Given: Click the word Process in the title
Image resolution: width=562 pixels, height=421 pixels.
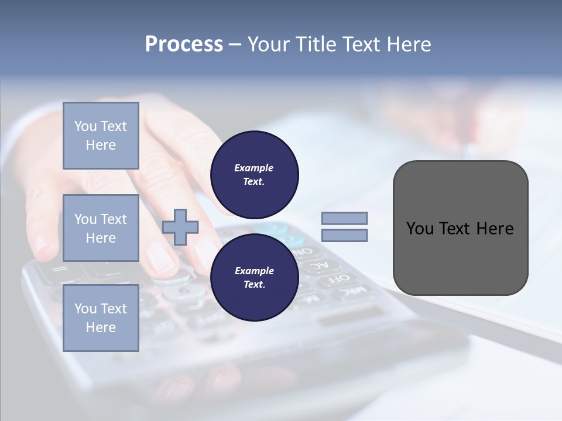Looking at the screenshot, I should (184, 44).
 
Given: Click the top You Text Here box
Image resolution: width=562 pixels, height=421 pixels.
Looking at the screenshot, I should (101, 136).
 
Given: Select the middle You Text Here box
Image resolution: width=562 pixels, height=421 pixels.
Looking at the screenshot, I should (101, 228).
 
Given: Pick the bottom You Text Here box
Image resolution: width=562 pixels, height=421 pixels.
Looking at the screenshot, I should (101, 318).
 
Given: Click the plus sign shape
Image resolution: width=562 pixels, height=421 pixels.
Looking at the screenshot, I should (180, 226).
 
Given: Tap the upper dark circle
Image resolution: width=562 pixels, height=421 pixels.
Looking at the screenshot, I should (254, 174).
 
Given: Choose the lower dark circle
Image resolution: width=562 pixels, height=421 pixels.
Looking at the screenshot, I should (254, 277).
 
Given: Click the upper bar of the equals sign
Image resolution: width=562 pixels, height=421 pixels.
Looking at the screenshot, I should (344, 218).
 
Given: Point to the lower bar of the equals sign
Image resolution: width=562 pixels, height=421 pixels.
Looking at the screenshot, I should (344, 236).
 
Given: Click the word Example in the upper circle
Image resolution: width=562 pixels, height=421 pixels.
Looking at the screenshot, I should (254, 168).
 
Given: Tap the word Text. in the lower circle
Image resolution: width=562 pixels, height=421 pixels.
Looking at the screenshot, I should (254, 285).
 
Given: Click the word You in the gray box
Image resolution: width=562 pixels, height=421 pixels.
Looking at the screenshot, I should (419, 229).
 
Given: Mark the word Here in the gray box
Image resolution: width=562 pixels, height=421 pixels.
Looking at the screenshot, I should (495, 229).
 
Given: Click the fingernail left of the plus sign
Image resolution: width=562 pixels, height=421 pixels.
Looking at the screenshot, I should (159, 258).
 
